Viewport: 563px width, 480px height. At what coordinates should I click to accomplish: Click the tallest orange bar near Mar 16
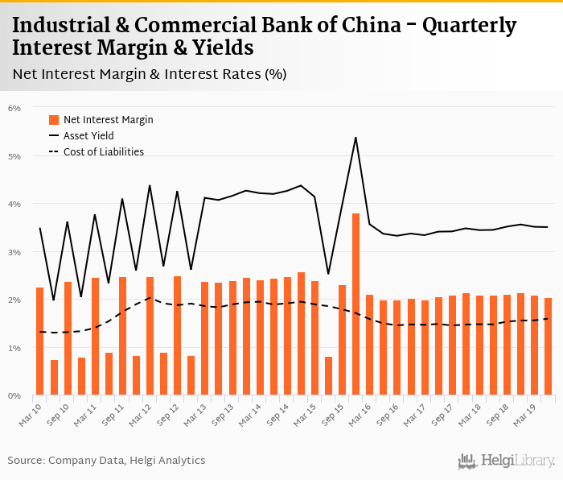[355, 304]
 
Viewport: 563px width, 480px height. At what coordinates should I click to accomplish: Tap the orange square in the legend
[54, 120]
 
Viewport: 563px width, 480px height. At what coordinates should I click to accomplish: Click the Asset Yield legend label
[88, 136]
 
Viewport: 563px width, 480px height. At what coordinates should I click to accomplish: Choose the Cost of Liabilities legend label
[103, 151]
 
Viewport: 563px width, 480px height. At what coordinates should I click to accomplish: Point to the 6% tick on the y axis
[14, 108]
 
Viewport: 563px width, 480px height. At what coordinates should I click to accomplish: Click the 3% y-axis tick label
[14, 252]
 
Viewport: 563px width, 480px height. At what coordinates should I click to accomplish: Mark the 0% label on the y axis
[14, 396]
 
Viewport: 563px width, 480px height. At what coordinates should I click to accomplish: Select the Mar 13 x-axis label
[194, 412]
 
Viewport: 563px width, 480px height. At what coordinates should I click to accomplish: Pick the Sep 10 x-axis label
[57, 412]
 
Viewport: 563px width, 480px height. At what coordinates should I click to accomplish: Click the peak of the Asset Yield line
[355, 138]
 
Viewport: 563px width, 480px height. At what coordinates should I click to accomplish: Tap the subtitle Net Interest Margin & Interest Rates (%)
[150, 74]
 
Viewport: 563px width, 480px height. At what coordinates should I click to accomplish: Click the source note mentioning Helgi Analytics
[106, 461]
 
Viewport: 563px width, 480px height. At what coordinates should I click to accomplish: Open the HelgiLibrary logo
[507, 461]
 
